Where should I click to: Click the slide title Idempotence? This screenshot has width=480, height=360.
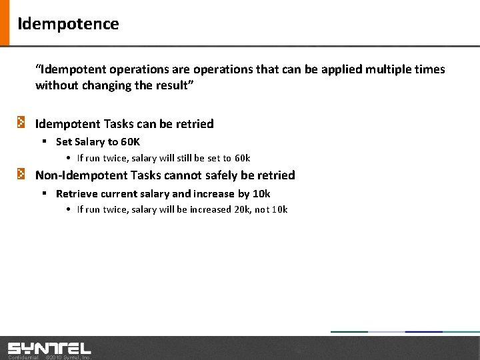[68, 24]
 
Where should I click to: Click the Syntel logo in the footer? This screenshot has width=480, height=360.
[49, 348]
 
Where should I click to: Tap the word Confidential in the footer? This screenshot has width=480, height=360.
[23, 357]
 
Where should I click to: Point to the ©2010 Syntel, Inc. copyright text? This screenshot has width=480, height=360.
[67, 357]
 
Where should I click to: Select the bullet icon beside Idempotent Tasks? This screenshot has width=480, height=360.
[22, 123]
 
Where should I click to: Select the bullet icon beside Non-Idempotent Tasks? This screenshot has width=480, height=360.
[22, 174]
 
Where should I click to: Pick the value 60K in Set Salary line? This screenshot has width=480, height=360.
[130, 141]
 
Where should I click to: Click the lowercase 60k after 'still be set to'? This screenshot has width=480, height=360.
[242, 158]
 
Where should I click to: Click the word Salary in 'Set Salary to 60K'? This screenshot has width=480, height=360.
[90, 141]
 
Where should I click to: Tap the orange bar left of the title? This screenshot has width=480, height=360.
[5, 23]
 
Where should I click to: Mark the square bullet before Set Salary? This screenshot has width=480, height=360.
[43, 141]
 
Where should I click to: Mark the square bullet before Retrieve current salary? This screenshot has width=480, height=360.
[43, 193]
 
